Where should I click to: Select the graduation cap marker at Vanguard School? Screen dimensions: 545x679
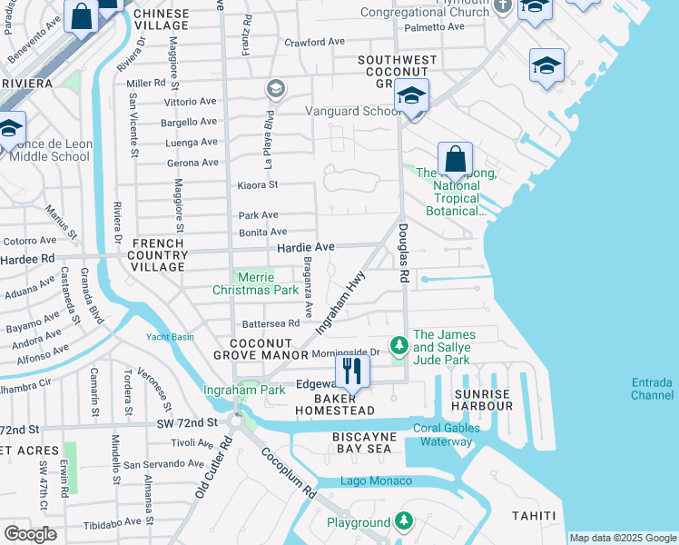[x=411, y=96]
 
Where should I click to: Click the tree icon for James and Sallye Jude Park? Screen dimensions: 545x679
[x=398, y=344]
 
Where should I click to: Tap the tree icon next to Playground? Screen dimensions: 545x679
[x=402, y=521]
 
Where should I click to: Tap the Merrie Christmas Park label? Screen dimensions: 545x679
[x=255, y=283]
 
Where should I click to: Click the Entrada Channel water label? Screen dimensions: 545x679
[x=653, y=388]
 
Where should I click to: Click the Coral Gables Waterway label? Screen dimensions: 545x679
[x=443, y=435]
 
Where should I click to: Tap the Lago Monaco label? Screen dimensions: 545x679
[x=376, y=481]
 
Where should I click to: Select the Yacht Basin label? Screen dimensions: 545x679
[x=171, y=336]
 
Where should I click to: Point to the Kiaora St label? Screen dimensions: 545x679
[x=258, y=184]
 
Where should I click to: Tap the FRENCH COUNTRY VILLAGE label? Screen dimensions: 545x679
[x=159, y=250]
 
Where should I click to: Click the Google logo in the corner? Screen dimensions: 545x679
[x=29, y=534]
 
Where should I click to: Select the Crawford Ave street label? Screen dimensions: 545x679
[x=315, y=42]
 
